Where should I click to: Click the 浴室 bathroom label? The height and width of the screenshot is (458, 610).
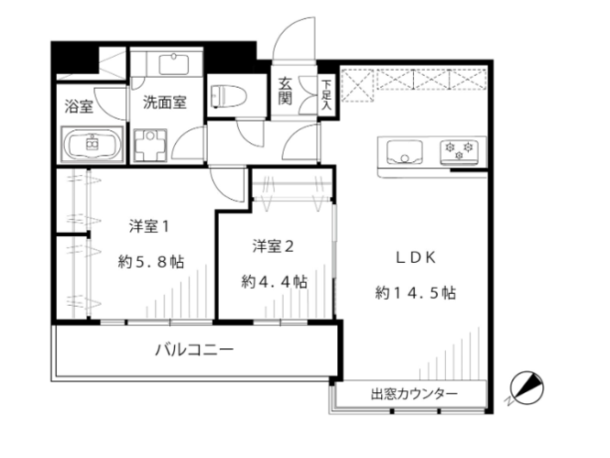click(79, 106)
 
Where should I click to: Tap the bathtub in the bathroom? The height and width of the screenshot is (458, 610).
click(93, 145)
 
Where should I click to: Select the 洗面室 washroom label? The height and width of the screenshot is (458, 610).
click(165, 102)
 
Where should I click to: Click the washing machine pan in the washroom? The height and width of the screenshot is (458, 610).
click(150, 145)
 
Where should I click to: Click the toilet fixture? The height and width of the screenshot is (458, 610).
click(229, 96)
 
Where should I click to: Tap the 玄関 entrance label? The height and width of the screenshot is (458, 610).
click(285, 91)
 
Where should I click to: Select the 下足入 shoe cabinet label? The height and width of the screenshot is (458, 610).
click(326, 94)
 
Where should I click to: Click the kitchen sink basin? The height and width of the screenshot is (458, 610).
click(405, 152)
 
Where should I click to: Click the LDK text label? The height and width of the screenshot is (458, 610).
click(416, 258)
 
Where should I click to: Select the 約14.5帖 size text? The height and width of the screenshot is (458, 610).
click(416, 292)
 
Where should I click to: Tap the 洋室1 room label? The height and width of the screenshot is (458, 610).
click(149, 226)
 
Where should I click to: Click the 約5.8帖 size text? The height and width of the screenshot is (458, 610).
click(151, 262)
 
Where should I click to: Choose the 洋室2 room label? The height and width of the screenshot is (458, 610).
click(273, 246)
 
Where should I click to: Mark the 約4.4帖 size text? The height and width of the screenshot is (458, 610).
click(274, 281)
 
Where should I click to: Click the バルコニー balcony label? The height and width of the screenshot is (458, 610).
click(194, 349)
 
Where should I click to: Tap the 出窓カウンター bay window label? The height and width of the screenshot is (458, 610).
click(414, 395)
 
